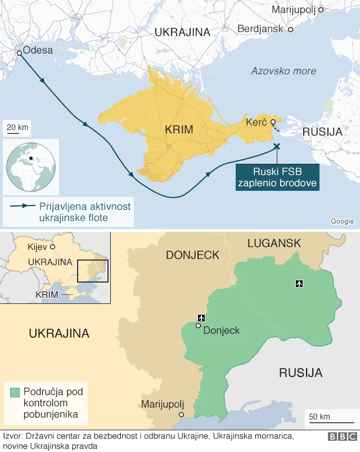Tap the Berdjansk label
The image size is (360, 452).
pos(260,28)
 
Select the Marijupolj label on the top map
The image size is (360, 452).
pos(294,10)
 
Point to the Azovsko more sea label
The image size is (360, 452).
pos(283,71)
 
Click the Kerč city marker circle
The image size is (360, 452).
pos(273,122)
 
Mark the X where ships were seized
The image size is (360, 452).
pos(276,146)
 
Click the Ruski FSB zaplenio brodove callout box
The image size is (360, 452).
pos(277,177)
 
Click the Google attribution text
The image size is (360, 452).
pos(342,221)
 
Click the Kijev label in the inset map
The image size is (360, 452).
pos(37,247)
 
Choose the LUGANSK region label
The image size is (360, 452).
pos(274,243)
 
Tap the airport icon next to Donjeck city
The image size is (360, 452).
pos(201,319)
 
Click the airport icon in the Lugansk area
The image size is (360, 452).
pos(299,283)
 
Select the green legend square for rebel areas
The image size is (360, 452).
pos(15,392)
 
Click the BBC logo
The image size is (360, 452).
pos(342,437)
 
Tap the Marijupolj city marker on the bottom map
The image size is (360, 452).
pos(181,414)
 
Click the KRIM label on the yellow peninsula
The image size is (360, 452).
pos(179,129)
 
